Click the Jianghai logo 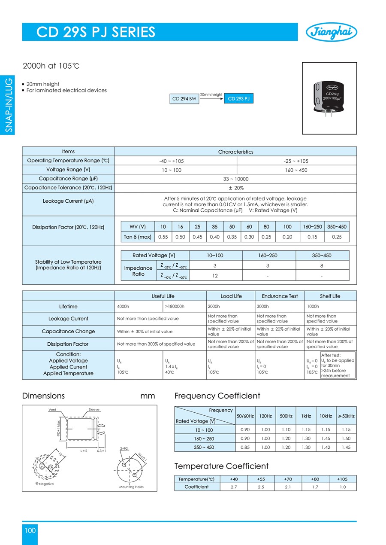tap(331, 32)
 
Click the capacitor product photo tap(329, 98)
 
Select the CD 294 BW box tap(185, 99)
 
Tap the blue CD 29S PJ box tap(238, 99)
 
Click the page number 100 tap(30, 530)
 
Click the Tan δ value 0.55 tap(163, 237)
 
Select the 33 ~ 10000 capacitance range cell tap(236, 179)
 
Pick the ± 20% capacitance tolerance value tap(236, 188)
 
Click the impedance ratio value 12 tap(215, 276)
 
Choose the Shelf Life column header tap(330, 296)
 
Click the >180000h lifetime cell tap(174, 307)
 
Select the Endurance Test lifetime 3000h tap(262, 307)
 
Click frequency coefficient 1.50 tap(346, 438)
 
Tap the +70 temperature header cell tap(288, 479)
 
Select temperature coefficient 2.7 tap(234, 487)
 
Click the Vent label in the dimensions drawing tap(52, 410)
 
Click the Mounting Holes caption tap(131, 487)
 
